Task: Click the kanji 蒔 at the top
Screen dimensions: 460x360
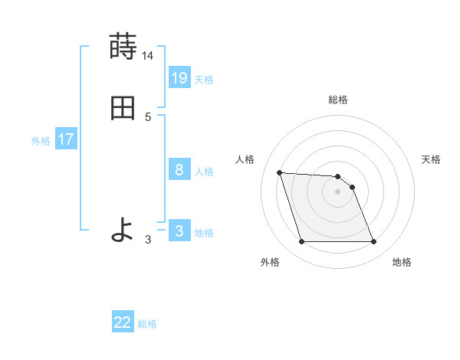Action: coord(123,47)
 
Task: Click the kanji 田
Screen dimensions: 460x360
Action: coord(123,108)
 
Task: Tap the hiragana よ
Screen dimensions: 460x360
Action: coord(123,230)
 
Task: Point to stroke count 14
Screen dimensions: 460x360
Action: coord(148,56)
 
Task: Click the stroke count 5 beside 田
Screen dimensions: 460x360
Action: coord(148,117)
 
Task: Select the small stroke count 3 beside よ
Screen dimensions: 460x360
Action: coord(148,240)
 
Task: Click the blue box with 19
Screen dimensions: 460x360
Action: coord(179,77)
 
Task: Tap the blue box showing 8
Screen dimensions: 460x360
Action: coord(179,169)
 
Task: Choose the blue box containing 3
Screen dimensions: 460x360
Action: coord(179,231)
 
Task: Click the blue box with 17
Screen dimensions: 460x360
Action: coord(66,139)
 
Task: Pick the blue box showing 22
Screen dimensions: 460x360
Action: coord(123,322)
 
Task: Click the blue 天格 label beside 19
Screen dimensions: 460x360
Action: coord(204,79)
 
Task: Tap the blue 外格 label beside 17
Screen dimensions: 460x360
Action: coord(41,141)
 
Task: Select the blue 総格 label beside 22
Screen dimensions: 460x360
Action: coord(147,324)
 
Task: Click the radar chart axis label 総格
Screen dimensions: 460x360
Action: coord(338,100)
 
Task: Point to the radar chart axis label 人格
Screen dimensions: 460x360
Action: coord(245,159)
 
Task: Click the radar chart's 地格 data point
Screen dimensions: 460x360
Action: coord(374,242)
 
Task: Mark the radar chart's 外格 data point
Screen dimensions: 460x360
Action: coord(301,242)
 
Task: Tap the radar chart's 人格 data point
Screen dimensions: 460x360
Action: coord(280,172)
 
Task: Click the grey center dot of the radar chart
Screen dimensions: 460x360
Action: coord(338,191)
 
